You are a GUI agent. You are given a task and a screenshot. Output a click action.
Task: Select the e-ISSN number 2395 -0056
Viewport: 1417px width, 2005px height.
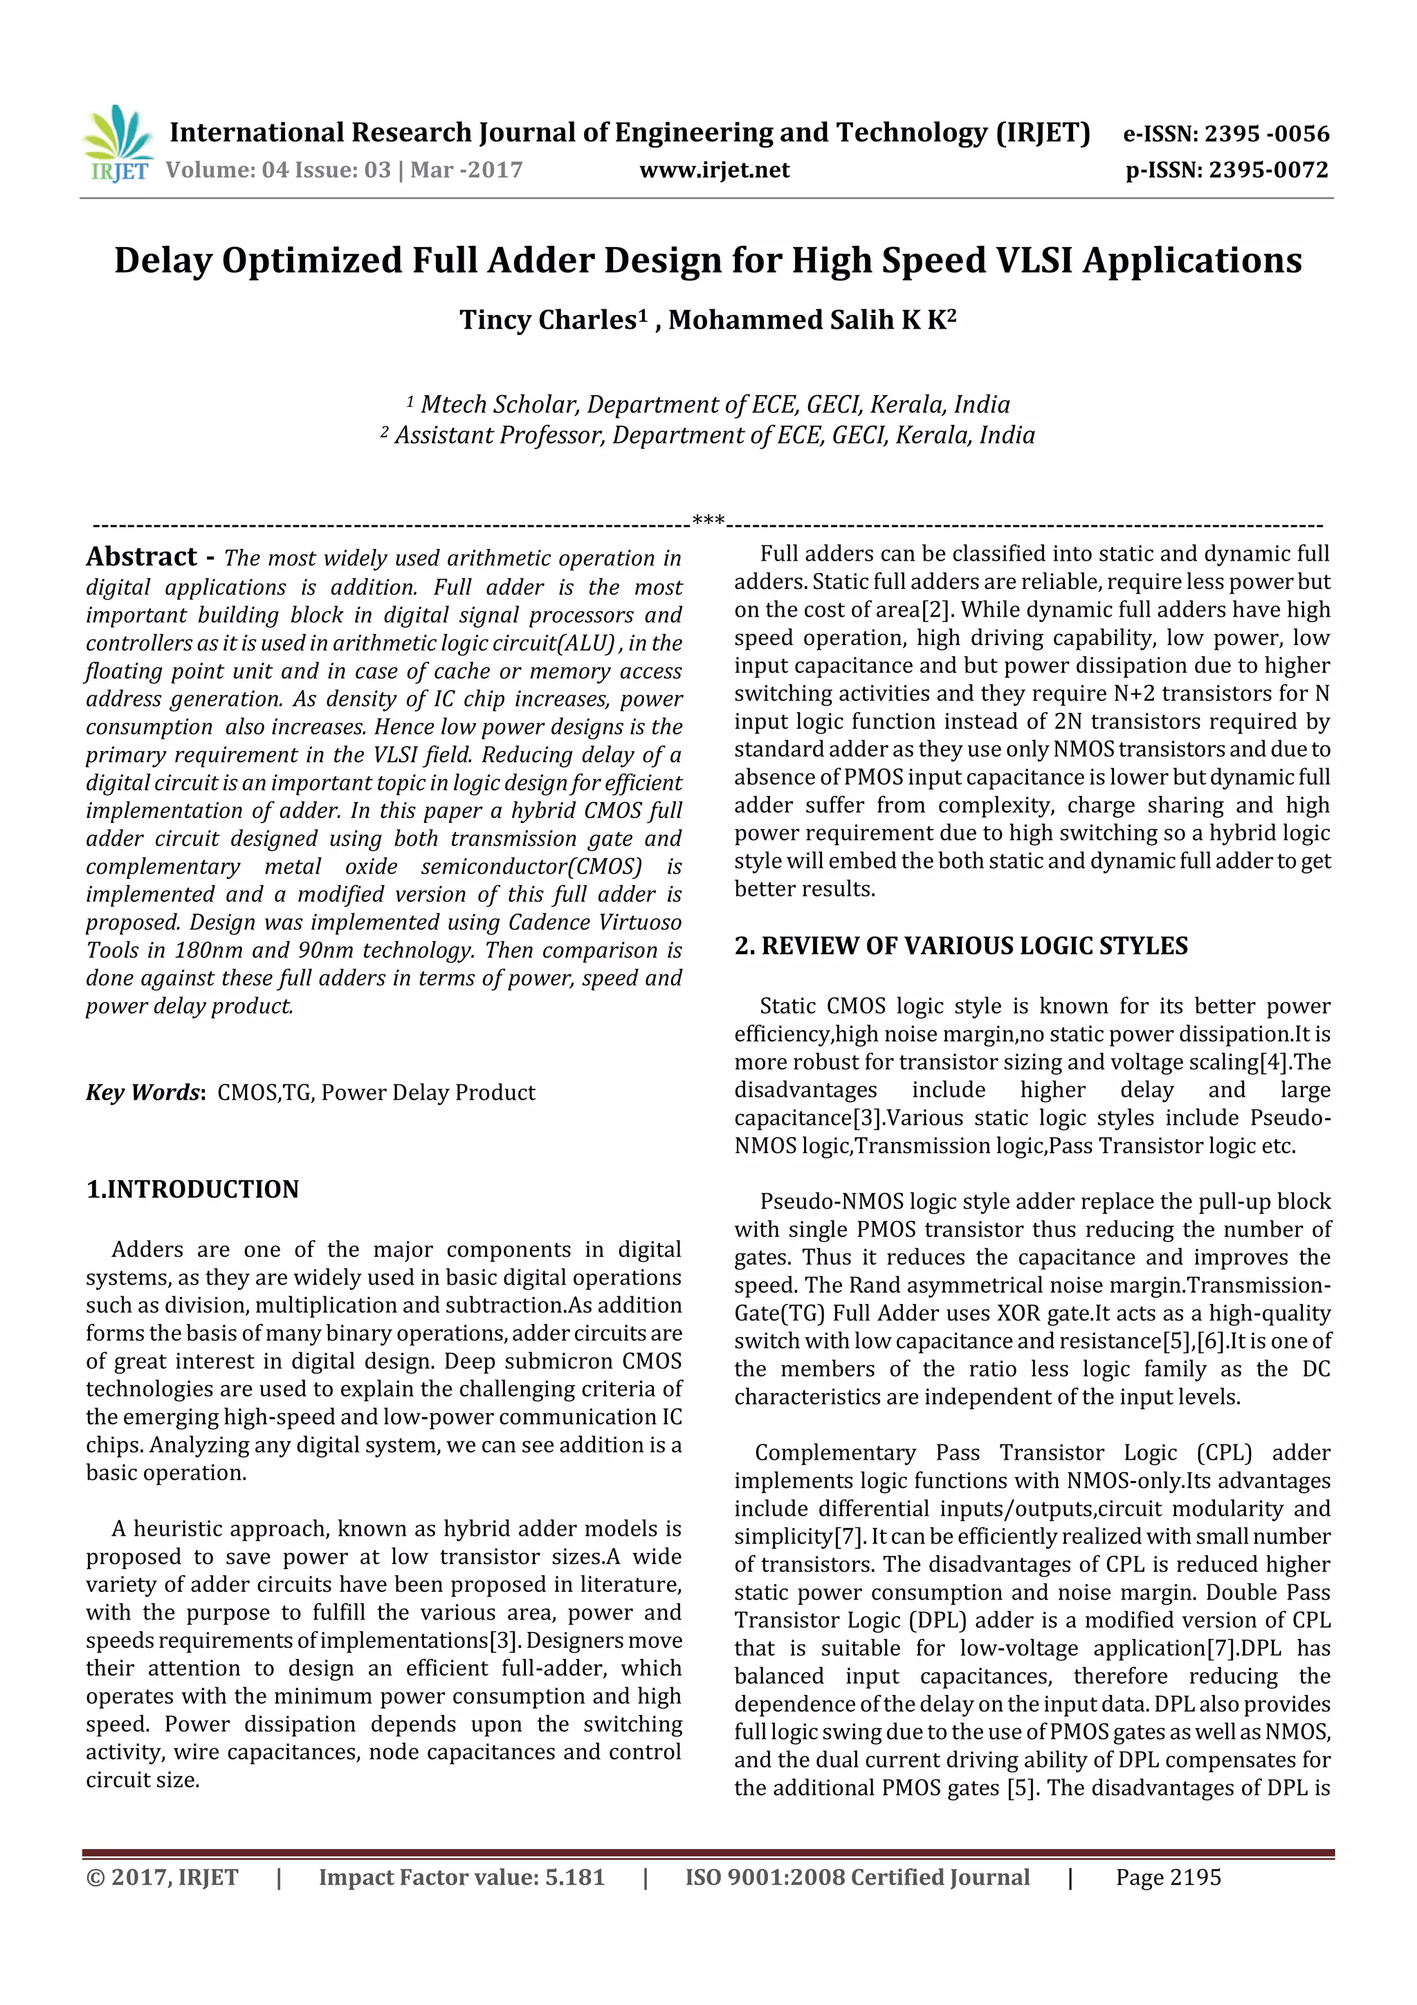point(1266,134)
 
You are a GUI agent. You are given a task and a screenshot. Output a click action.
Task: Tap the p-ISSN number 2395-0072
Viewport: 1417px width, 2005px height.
point(1268,170)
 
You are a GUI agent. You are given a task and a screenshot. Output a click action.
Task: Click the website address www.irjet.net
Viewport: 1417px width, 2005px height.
point(714,170)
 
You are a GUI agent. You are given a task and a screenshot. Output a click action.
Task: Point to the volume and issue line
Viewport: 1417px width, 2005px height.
point(344,170)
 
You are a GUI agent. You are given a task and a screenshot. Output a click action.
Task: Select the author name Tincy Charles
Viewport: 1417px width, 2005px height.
point(547,320)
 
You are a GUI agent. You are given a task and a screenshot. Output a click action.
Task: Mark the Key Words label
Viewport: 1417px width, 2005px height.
point(144,1092)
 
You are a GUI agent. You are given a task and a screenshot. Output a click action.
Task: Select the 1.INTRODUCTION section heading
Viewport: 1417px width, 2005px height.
point(192,1190)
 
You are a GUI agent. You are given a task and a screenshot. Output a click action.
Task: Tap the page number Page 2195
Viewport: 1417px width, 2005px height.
point(1167,1877)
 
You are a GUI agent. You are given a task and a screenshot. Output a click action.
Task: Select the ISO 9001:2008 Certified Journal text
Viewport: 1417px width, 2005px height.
point(857,1877)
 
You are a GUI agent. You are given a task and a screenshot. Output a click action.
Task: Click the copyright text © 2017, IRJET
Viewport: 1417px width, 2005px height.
point(163,1877)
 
